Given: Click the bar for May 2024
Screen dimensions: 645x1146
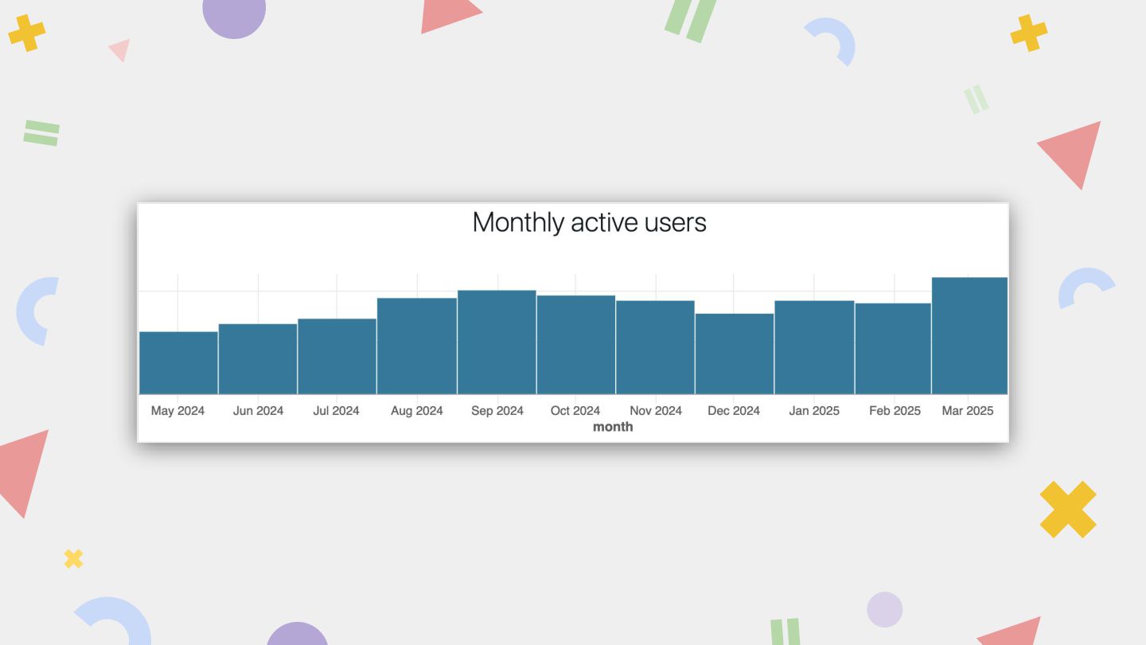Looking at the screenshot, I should click(178, 363).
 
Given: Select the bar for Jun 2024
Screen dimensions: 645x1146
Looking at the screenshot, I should click(258, 359).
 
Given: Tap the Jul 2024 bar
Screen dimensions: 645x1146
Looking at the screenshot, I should click(337, 357).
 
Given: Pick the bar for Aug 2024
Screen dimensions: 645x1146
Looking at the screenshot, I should click(417, 346).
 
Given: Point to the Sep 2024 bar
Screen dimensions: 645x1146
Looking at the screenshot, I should click(497, 342).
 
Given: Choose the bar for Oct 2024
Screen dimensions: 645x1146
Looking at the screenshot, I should click(575, 345).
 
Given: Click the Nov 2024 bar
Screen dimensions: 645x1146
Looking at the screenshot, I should click(655, 347).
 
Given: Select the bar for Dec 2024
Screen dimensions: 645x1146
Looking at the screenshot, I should click(734, 354).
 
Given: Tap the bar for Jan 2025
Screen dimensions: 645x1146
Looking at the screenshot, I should click(814, 347).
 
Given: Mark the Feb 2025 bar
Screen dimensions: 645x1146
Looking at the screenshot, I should click(893, 349).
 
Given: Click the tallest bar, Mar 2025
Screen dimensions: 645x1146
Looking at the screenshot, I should click(969, 336).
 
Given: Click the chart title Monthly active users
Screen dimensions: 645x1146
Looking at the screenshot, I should click(589, 222).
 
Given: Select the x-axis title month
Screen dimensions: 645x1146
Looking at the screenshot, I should click(613, 427).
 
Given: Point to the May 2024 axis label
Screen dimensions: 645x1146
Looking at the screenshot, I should click(177, 411).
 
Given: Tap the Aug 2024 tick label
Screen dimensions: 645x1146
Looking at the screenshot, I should click(417, 411).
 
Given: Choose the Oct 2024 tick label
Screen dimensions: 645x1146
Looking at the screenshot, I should click(575, 411).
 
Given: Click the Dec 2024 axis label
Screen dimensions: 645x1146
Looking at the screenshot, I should click(734, 411).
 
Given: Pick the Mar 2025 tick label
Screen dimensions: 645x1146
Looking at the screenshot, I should click(968, 411).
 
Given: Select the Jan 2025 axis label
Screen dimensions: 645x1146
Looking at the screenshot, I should click(814, 411).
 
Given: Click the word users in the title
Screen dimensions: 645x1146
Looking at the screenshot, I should click(676, 222).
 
